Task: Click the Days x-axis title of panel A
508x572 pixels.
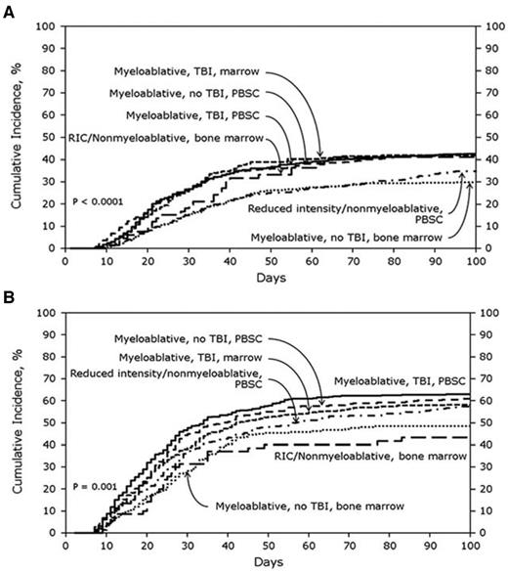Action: click(270, 277)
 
